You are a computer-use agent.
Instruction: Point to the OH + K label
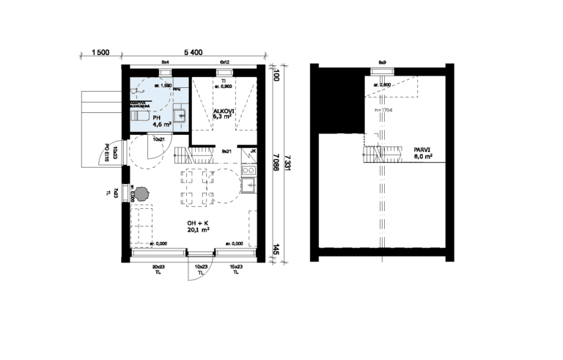click(198, 225)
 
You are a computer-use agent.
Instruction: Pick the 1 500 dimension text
click(100, 52)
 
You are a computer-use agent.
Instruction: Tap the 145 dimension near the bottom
click(275, 250)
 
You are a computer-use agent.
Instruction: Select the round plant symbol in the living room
click(140, 193)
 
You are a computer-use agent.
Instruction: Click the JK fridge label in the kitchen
click(253, 152)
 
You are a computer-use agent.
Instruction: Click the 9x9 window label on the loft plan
click(382, 62)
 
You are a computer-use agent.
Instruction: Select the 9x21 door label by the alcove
click(227, 150)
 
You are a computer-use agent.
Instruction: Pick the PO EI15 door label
click(107, 152)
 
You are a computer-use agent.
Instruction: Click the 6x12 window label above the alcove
click(224, 62)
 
